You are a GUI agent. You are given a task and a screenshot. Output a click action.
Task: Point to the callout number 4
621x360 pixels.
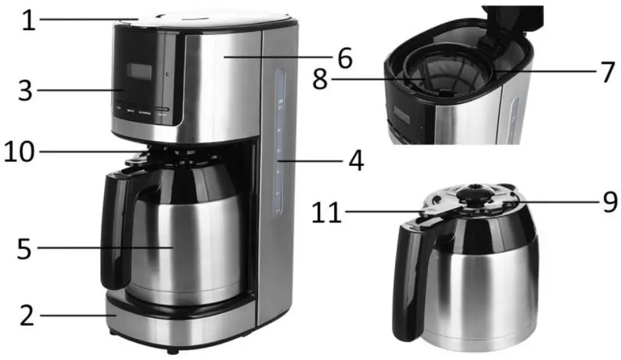(x=356, y=160)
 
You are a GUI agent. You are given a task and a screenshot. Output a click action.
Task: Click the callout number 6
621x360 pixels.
(x=345, y=57)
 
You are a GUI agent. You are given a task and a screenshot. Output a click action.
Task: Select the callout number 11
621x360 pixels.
(x=327, y=213)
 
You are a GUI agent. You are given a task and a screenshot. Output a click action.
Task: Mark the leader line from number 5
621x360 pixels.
(x=105, y=248)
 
